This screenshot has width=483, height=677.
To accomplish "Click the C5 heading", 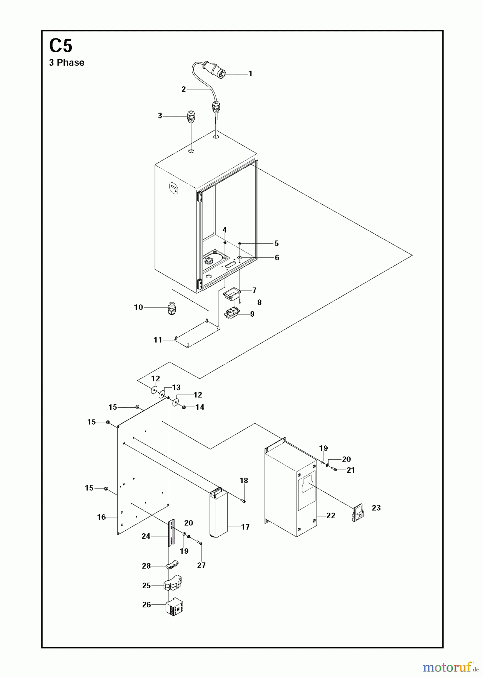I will (61, 46).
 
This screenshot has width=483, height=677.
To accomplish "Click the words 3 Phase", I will (67, 63).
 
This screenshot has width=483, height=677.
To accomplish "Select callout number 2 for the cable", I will (184, 90).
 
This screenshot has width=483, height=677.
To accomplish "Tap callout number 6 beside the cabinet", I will (277, 258).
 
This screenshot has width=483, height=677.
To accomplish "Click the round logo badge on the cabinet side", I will (173, 188).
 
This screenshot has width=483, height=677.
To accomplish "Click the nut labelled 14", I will (184, 407).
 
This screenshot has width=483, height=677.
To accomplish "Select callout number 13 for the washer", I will (176, 387).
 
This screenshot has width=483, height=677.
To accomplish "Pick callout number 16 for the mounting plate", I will (102, 517).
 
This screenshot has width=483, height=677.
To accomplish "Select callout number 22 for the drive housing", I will (331, 516).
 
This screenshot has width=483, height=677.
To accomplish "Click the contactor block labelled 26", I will (174, 607).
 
